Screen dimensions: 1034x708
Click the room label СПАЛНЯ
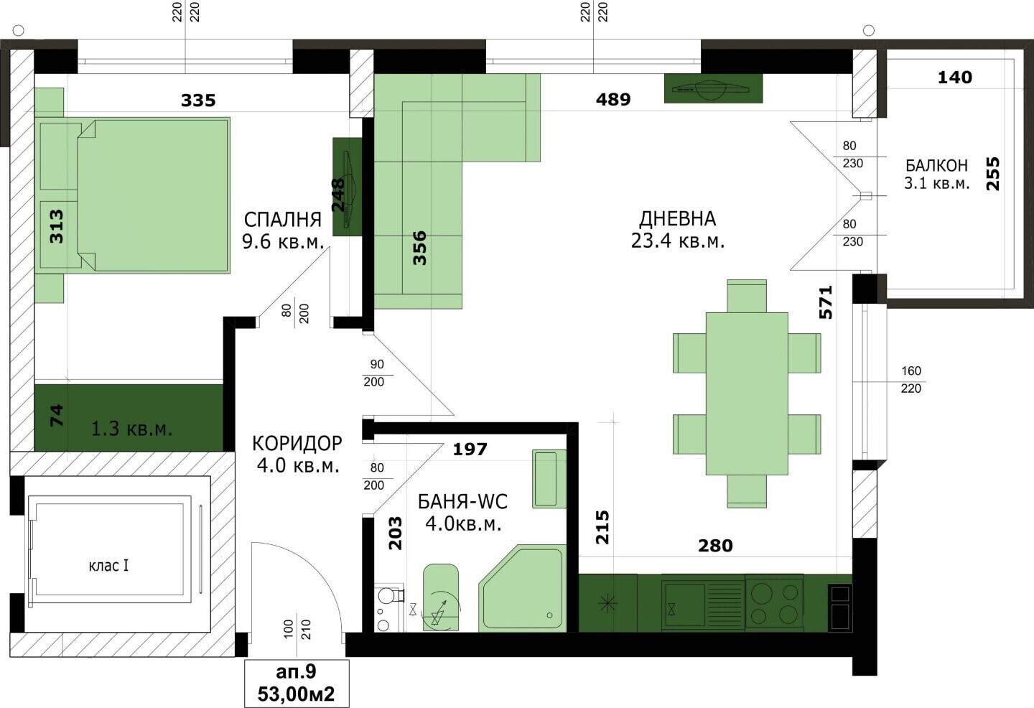point(282,220)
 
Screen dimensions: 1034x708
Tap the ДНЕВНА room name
point(677,219)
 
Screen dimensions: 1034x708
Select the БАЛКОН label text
point(936,165)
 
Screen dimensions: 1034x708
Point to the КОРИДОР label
point(297,443)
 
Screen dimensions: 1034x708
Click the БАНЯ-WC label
point(462,502)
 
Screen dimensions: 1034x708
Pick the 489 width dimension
point(613,99)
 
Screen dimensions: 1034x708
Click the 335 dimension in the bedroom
point(198,100)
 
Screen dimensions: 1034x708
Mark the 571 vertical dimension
point(825,302)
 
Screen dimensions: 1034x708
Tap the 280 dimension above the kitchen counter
point(715,546)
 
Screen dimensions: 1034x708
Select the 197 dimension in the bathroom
point(470,449)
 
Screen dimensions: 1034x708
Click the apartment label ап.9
point(296,671)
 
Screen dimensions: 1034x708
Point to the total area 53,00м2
point(296,694)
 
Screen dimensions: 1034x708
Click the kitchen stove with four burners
point(774,602)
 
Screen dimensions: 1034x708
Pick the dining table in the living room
point(747,393)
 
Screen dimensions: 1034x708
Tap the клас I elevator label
point(108,566)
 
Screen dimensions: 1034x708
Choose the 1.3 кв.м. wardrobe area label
point(131,429)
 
